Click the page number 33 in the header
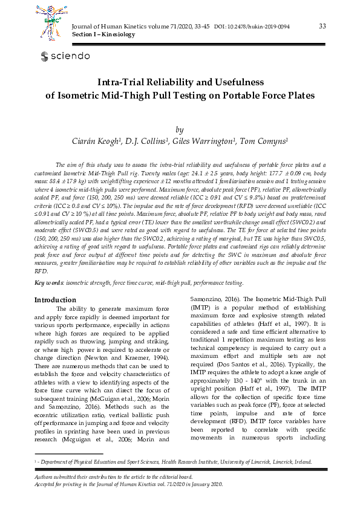322,25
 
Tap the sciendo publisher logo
65,56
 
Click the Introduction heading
55,300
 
